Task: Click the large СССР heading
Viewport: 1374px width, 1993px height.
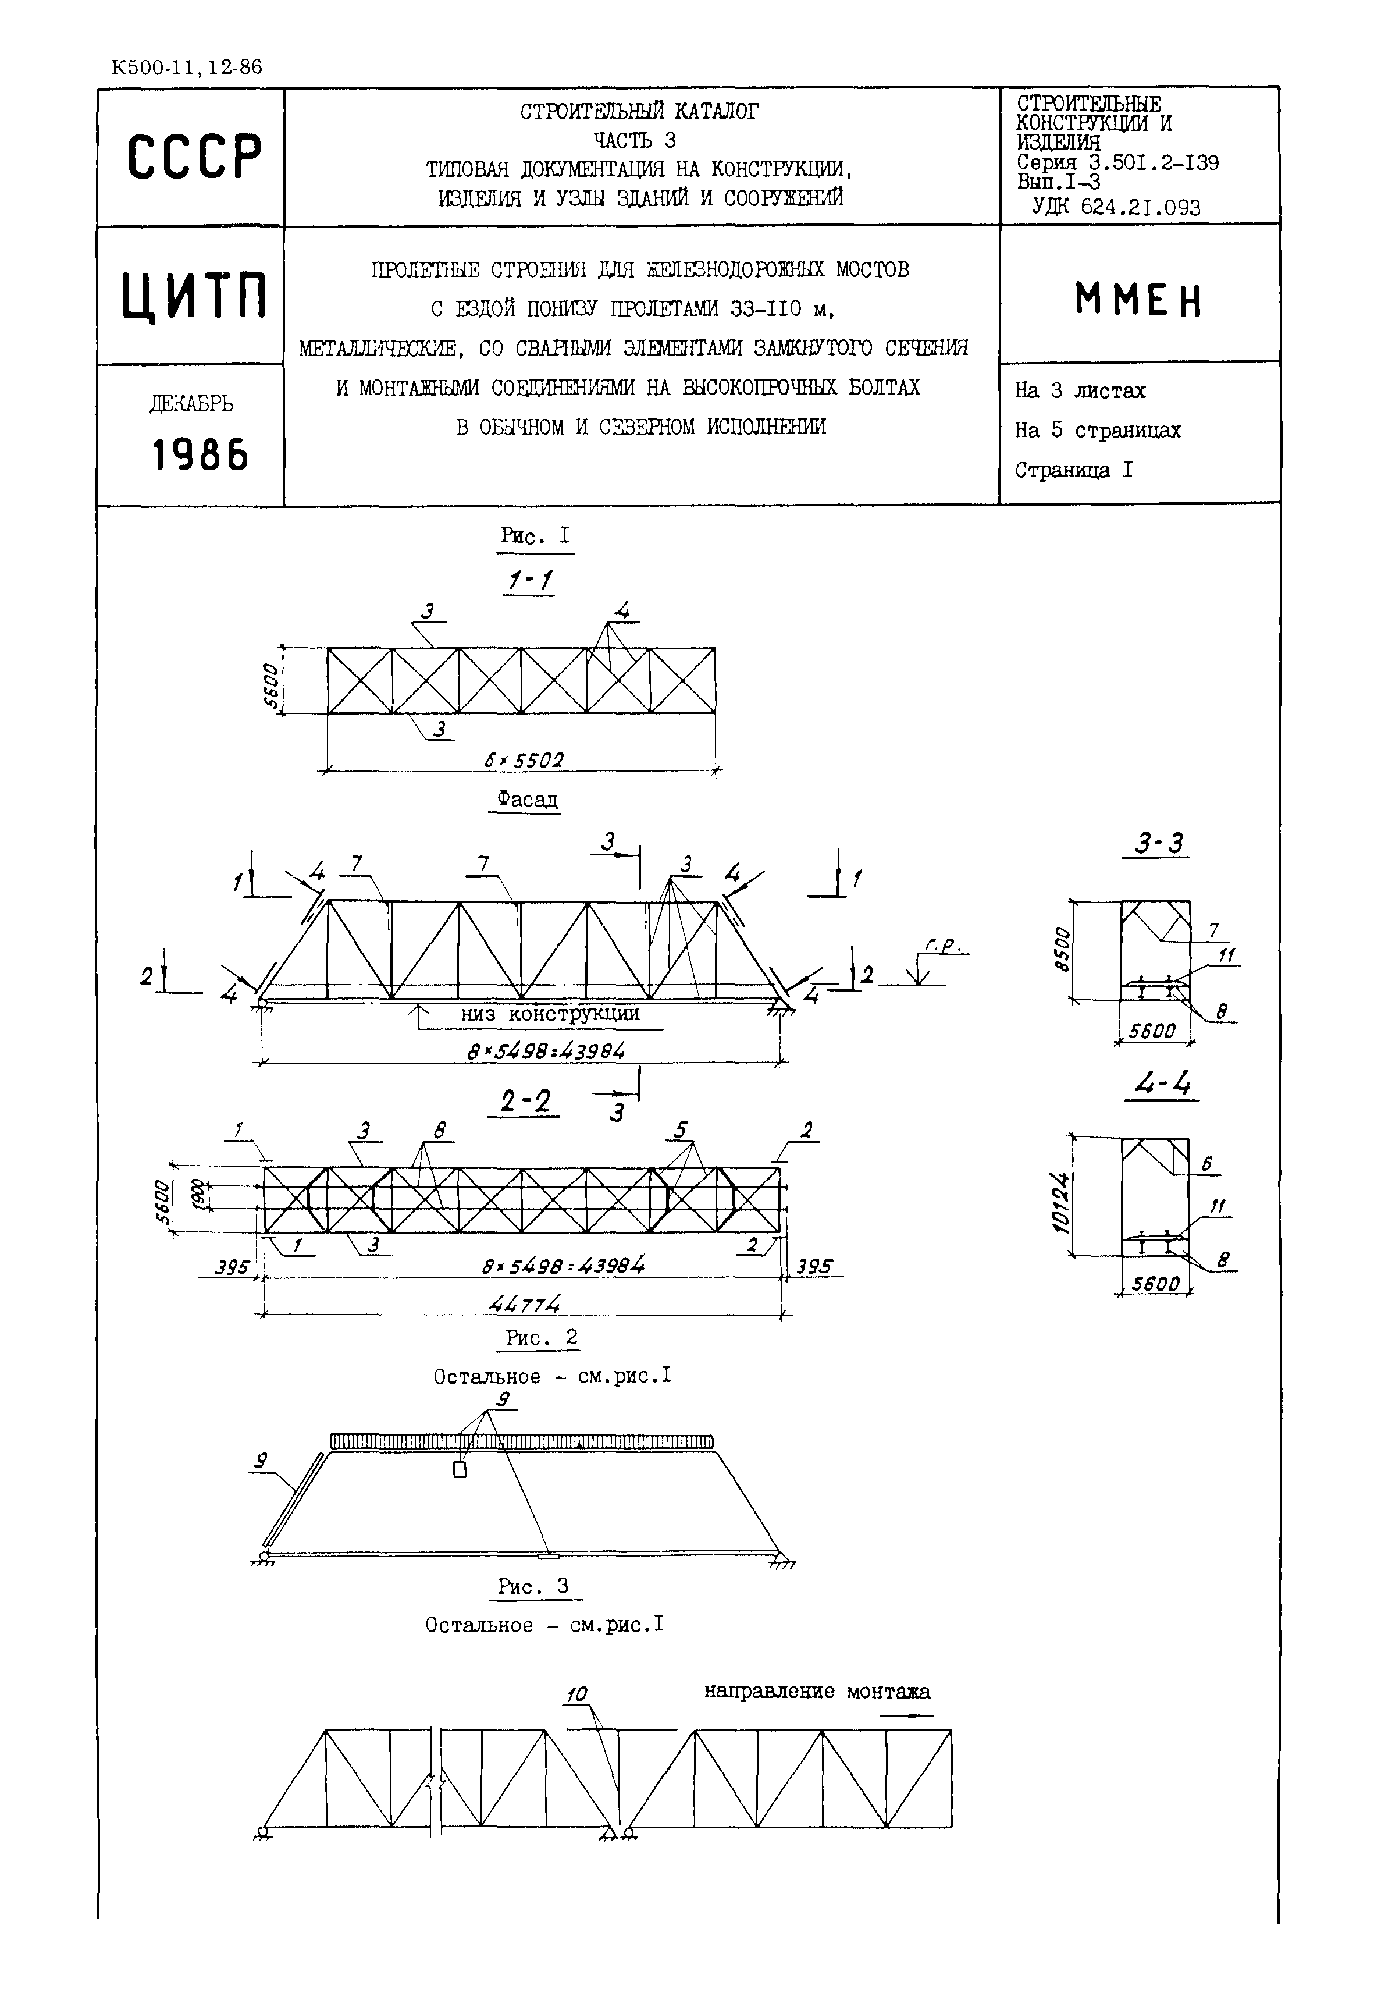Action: (x=194, y=158)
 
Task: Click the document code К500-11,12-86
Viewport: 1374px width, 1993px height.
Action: (x=187, y=67)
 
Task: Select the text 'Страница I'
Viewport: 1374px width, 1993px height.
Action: (x=1073, y=470)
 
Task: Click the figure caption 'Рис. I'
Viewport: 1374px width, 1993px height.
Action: (x=535, y=536)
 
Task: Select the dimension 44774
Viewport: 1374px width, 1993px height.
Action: (x=524, y=1304)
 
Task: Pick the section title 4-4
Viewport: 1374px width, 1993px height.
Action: (x=1161, y=1083)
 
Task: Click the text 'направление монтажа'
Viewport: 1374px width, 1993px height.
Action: (x=816, y=1690)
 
